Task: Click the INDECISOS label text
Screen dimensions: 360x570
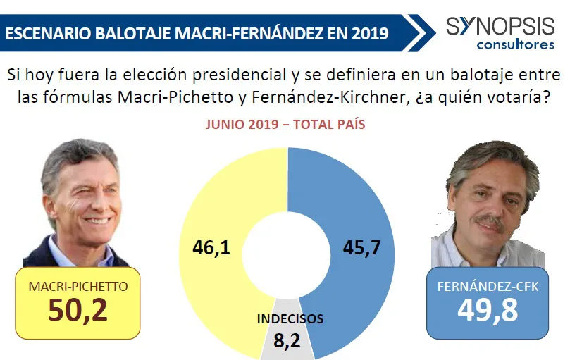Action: (x=290, y=318)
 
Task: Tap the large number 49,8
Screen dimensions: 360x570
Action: (x=485, y=309)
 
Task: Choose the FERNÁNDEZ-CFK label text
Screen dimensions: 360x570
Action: (x=485, y=287)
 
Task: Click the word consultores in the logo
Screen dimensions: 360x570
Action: (x=515, y=45)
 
